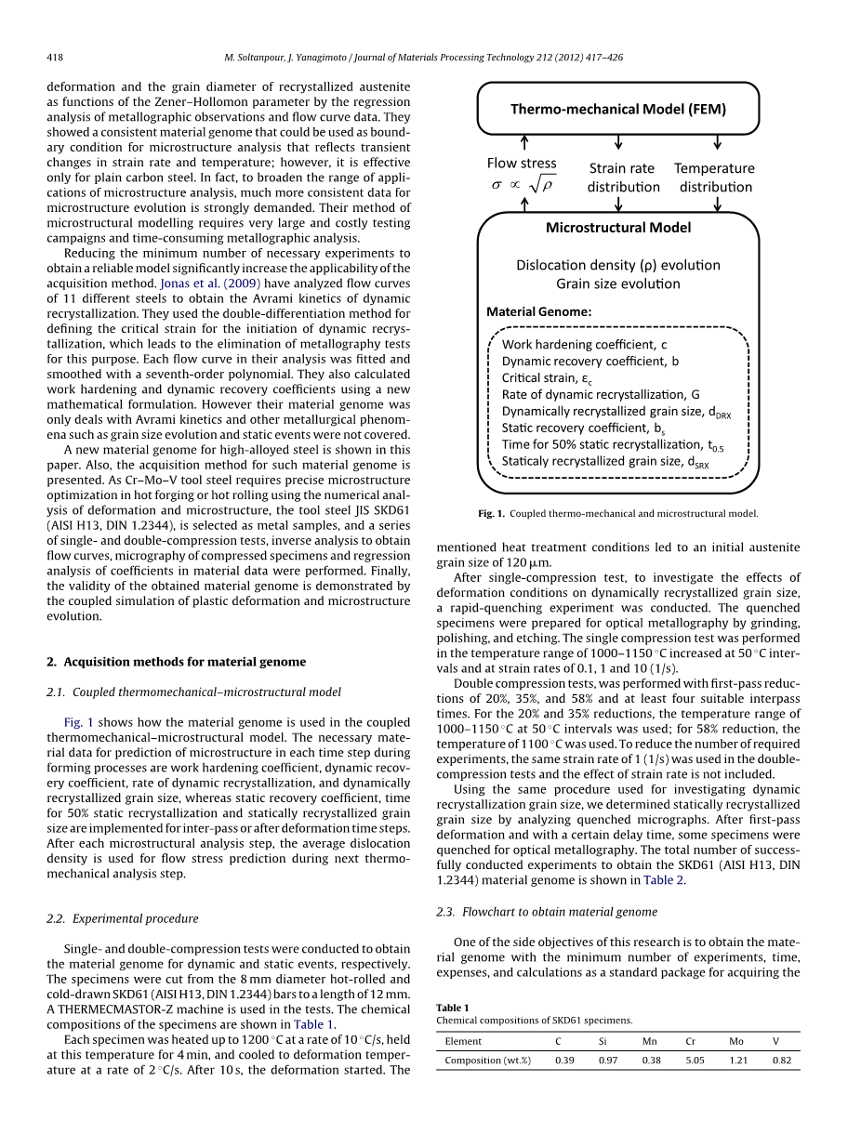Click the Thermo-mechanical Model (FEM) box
click(x=618, y=109)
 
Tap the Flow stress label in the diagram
click(x=522, y=164)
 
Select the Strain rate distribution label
click(x=622, y=178)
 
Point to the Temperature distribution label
click(x=714, y=178)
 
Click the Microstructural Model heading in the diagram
click(x=618, y=228)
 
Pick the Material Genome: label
click(x=539, y=312)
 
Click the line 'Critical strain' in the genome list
click(x=545, y=378)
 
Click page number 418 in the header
click(x=55, y=58)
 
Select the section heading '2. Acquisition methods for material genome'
click(x=176, y=662)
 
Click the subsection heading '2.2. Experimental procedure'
click(x=123, y=918)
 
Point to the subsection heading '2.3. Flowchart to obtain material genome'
click(x=547, y=912)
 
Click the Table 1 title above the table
click(x=453, y=1008)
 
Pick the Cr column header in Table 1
click(x=691, y=1041)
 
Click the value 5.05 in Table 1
click(x=695, y=1060)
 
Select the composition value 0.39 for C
click(x=564, y=1060)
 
